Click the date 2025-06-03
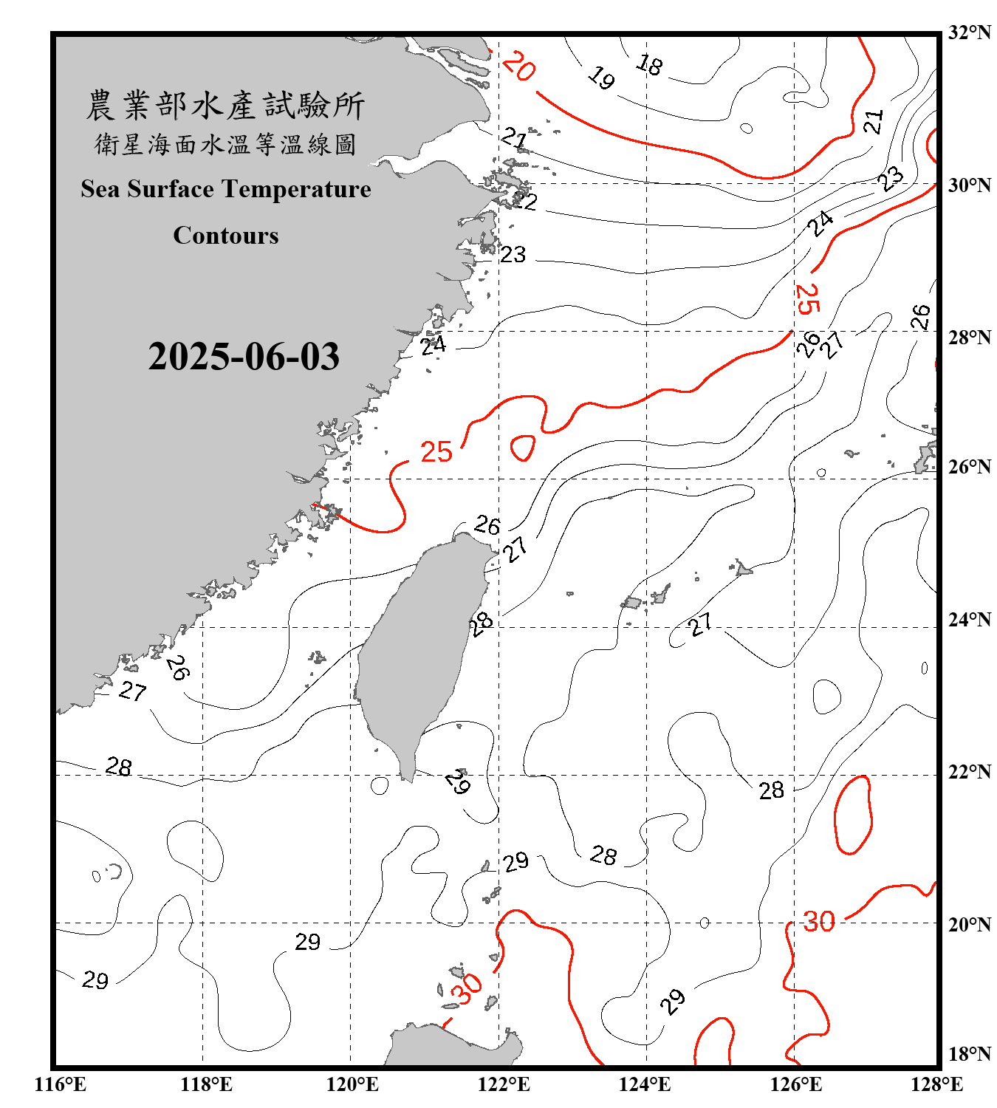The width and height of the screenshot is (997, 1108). pos(244,356)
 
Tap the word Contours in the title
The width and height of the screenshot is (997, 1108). pos(226,235)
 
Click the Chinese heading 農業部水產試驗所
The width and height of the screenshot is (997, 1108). pos(225,105)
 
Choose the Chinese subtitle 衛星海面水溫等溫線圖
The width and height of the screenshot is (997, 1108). pos(225,144)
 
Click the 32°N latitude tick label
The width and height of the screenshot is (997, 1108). pos(969,33)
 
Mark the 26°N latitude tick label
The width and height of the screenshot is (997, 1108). pos(969,467)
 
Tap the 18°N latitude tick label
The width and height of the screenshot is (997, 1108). pos(969,1054)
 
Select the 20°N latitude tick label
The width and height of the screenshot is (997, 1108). pos(969,924)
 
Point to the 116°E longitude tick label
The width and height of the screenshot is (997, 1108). pos(61,1084)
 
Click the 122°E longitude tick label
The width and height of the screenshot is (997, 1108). pos(504,1084)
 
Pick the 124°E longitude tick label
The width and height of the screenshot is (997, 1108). pos(645,1084)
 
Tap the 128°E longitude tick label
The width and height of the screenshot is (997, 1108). pos(936,1084)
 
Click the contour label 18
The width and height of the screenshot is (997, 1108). pos(649,65)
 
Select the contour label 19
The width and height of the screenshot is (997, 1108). pos(602,77)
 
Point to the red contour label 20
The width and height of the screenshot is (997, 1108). pos(518,66)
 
